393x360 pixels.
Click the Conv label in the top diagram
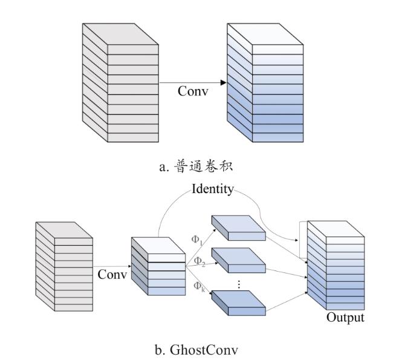click(x=193, y=91)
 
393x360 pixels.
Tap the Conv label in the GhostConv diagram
click(x=112, y=274)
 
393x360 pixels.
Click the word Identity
click(x=213, y=189)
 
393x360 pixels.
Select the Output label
click(x=345, y=318)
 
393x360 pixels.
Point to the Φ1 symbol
click(x=197, y=240)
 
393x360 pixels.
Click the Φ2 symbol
click(x=200, y=261)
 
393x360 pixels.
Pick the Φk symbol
click(x=199, y=286)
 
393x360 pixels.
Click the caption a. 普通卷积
click(x=196, y=166)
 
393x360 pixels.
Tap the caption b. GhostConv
click(x=197, y=350)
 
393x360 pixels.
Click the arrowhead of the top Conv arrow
click(x=224, y=82)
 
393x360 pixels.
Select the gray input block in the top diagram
click(x=120, y=83)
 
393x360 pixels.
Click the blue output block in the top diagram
click(x=265, y=83)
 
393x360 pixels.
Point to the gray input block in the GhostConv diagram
click(x=64, y=266)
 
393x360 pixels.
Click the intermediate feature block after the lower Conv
click(x=158, y=266)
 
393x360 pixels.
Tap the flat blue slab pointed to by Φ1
click(x=239, y=227)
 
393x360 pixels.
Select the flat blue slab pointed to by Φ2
click(x=239, y=260)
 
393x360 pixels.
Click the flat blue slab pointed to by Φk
click(x=239, y=303)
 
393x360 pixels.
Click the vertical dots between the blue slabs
click(x=239, y=284)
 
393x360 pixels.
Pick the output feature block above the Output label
click(x=336, y=265)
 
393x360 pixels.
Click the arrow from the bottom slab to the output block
click(x=287, y=301)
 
